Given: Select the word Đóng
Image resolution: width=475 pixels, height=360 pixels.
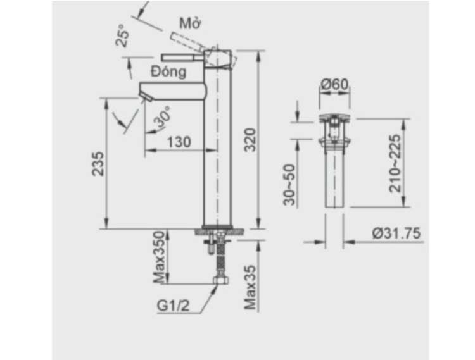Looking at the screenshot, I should [x=168, y=70].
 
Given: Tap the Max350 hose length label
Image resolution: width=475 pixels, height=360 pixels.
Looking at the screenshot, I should [x=159, y=258].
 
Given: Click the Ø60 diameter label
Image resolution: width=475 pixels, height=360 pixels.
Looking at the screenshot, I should [x=334, y=84].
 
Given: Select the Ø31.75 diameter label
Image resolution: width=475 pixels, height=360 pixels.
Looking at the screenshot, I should [x=396, y=233].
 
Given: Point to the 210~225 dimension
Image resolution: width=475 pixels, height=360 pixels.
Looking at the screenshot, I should [x=395, y=163].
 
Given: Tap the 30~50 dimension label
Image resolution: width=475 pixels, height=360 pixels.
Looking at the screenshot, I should [x=289, y=184].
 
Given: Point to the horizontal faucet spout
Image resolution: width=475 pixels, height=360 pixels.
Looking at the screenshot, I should [x=174, y=89].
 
